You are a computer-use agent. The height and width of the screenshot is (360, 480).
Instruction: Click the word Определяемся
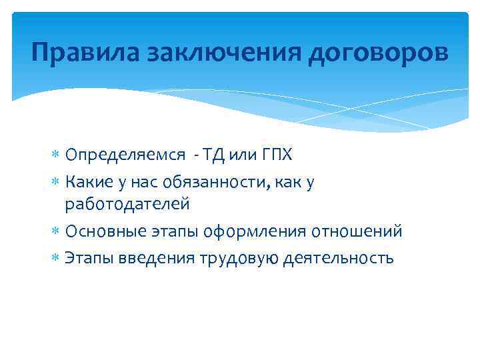[115, 156]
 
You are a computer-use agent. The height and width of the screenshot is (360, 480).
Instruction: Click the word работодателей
[127, 205]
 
